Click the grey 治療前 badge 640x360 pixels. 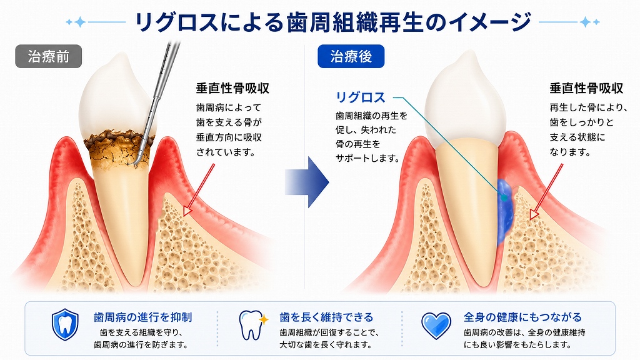49,56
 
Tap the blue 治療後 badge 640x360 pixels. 351,56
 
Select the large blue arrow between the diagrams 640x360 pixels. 307,182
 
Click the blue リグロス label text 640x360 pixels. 361,97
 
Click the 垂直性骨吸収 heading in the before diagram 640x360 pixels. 232,88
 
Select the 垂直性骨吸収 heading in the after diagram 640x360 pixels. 586,88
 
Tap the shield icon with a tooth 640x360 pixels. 65,324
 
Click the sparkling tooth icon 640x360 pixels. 252,325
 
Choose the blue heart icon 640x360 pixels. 436,326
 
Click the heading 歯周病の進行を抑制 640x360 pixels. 143,317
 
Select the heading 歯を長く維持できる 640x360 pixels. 326,317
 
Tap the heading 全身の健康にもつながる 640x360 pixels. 522,317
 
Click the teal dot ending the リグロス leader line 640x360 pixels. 504,198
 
